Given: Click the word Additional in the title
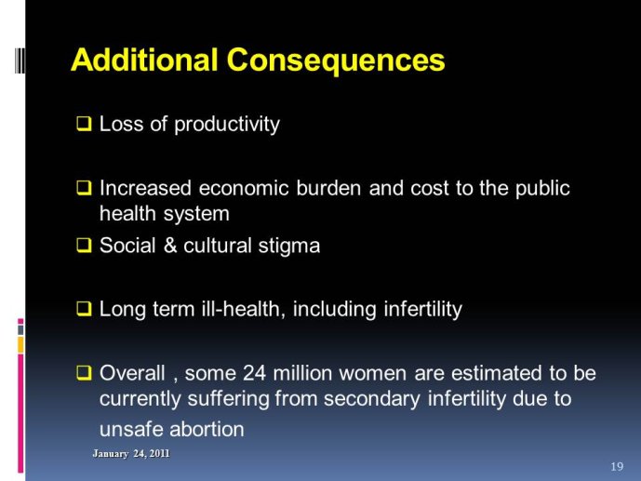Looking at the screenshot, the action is [x=144, y=60].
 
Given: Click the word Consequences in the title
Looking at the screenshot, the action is [x=336, y=60].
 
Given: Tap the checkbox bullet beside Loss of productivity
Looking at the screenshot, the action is [x=84, y=124].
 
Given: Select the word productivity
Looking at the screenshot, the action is [x=227, y=125].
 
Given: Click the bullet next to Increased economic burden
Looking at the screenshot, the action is [x=84, y=188].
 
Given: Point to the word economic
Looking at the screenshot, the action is [x=244, y=188].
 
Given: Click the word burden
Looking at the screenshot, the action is [x=328, y=188].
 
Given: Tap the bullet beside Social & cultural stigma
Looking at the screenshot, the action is [x=84, y=246].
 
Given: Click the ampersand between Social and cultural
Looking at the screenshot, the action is [x=170, y=246].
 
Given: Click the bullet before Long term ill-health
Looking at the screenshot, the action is [x=84, y=309].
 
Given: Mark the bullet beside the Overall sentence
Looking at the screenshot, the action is [x=84, y=373].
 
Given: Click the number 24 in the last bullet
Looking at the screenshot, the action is [x=254, y=373].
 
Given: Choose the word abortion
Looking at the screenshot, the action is [x=207, y=429].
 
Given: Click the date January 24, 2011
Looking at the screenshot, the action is [x=131, y=454].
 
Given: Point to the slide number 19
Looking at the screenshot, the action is [x=618, y=467].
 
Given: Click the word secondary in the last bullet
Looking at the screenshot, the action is [x=371, y=399].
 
